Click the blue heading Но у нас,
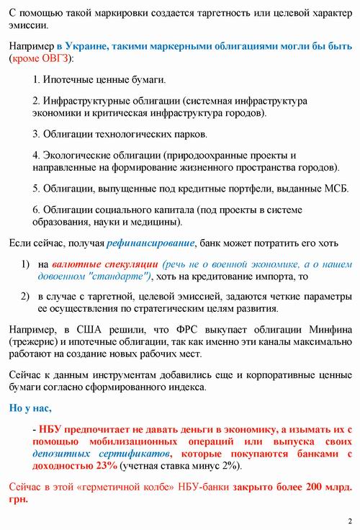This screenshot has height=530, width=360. click(30, 408)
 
